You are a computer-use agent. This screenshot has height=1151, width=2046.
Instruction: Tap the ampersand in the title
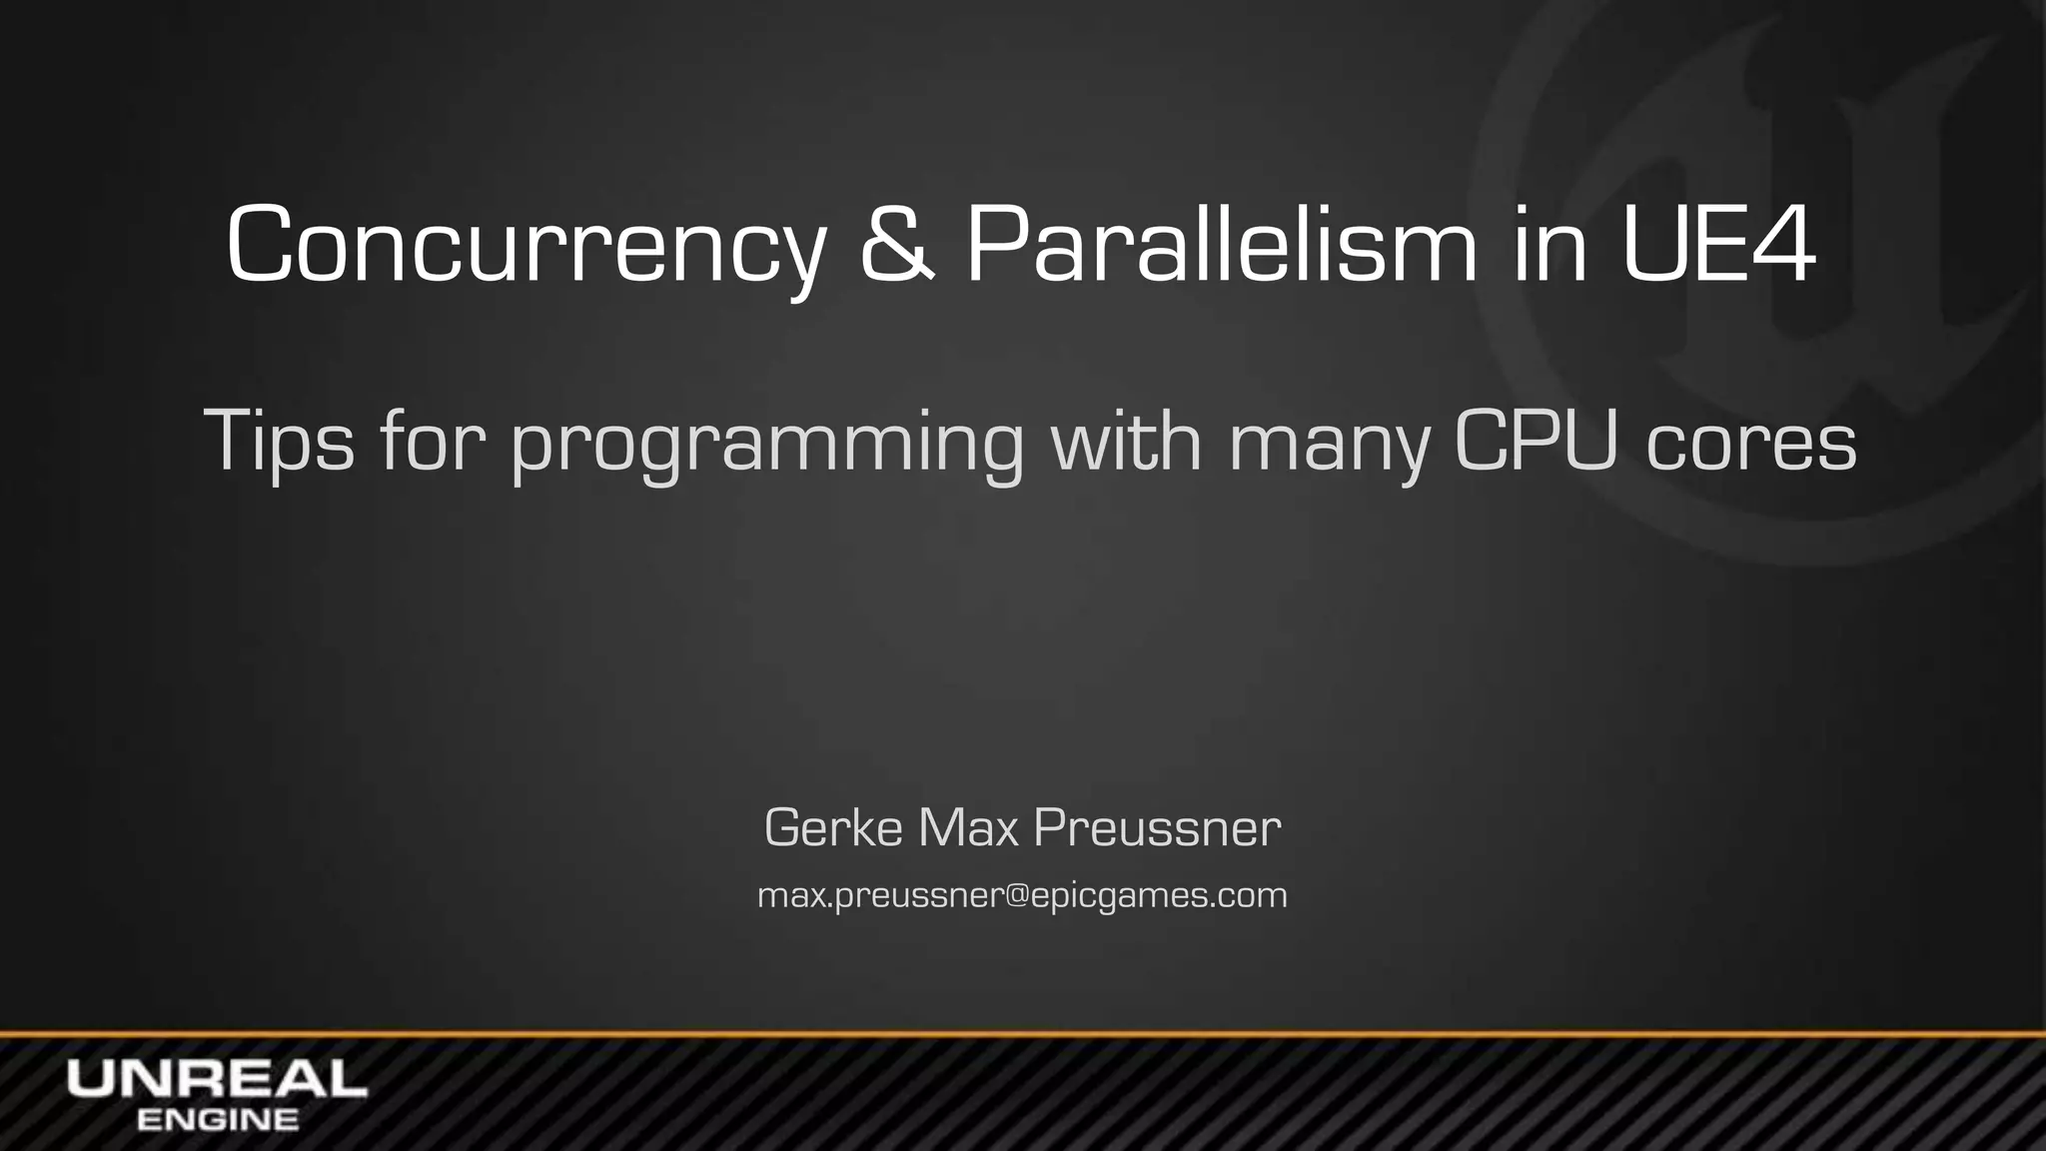[897, 246]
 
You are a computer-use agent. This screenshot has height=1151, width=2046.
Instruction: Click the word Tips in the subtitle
[279, 441]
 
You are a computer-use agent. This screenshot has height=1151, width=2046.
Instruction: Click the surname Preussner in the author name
[1157, 827]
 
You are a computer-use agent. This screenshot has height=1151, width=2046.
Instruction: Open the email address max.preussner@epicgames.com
[1022, 895]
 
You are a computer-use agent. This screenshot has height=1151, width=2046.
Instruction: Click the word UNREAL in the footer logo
[217, 1079]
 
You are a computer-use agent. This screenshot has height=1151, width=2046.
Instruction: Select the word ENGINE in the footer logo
[217, 1119]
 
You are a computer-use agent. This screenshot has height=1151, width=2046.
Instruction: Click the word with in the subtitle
[1126, 440]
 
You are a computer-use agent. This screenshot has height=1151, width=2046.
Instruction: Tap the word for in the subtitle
[433, 440]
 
